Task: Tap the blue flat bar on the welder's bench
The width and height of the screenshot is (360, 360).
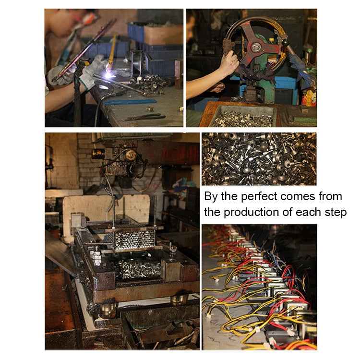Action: [130, 102]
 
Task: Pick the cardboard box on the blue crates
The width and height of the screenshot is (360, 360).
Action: [163, 35]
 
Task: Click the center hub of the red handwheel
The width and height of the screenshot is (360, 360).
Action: [255, 48]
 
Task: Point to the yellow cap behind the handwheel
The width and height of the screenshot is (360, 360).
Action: [272, 40]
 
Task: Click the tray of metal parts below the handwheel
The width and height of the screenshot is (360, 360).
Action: [244, 116]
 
